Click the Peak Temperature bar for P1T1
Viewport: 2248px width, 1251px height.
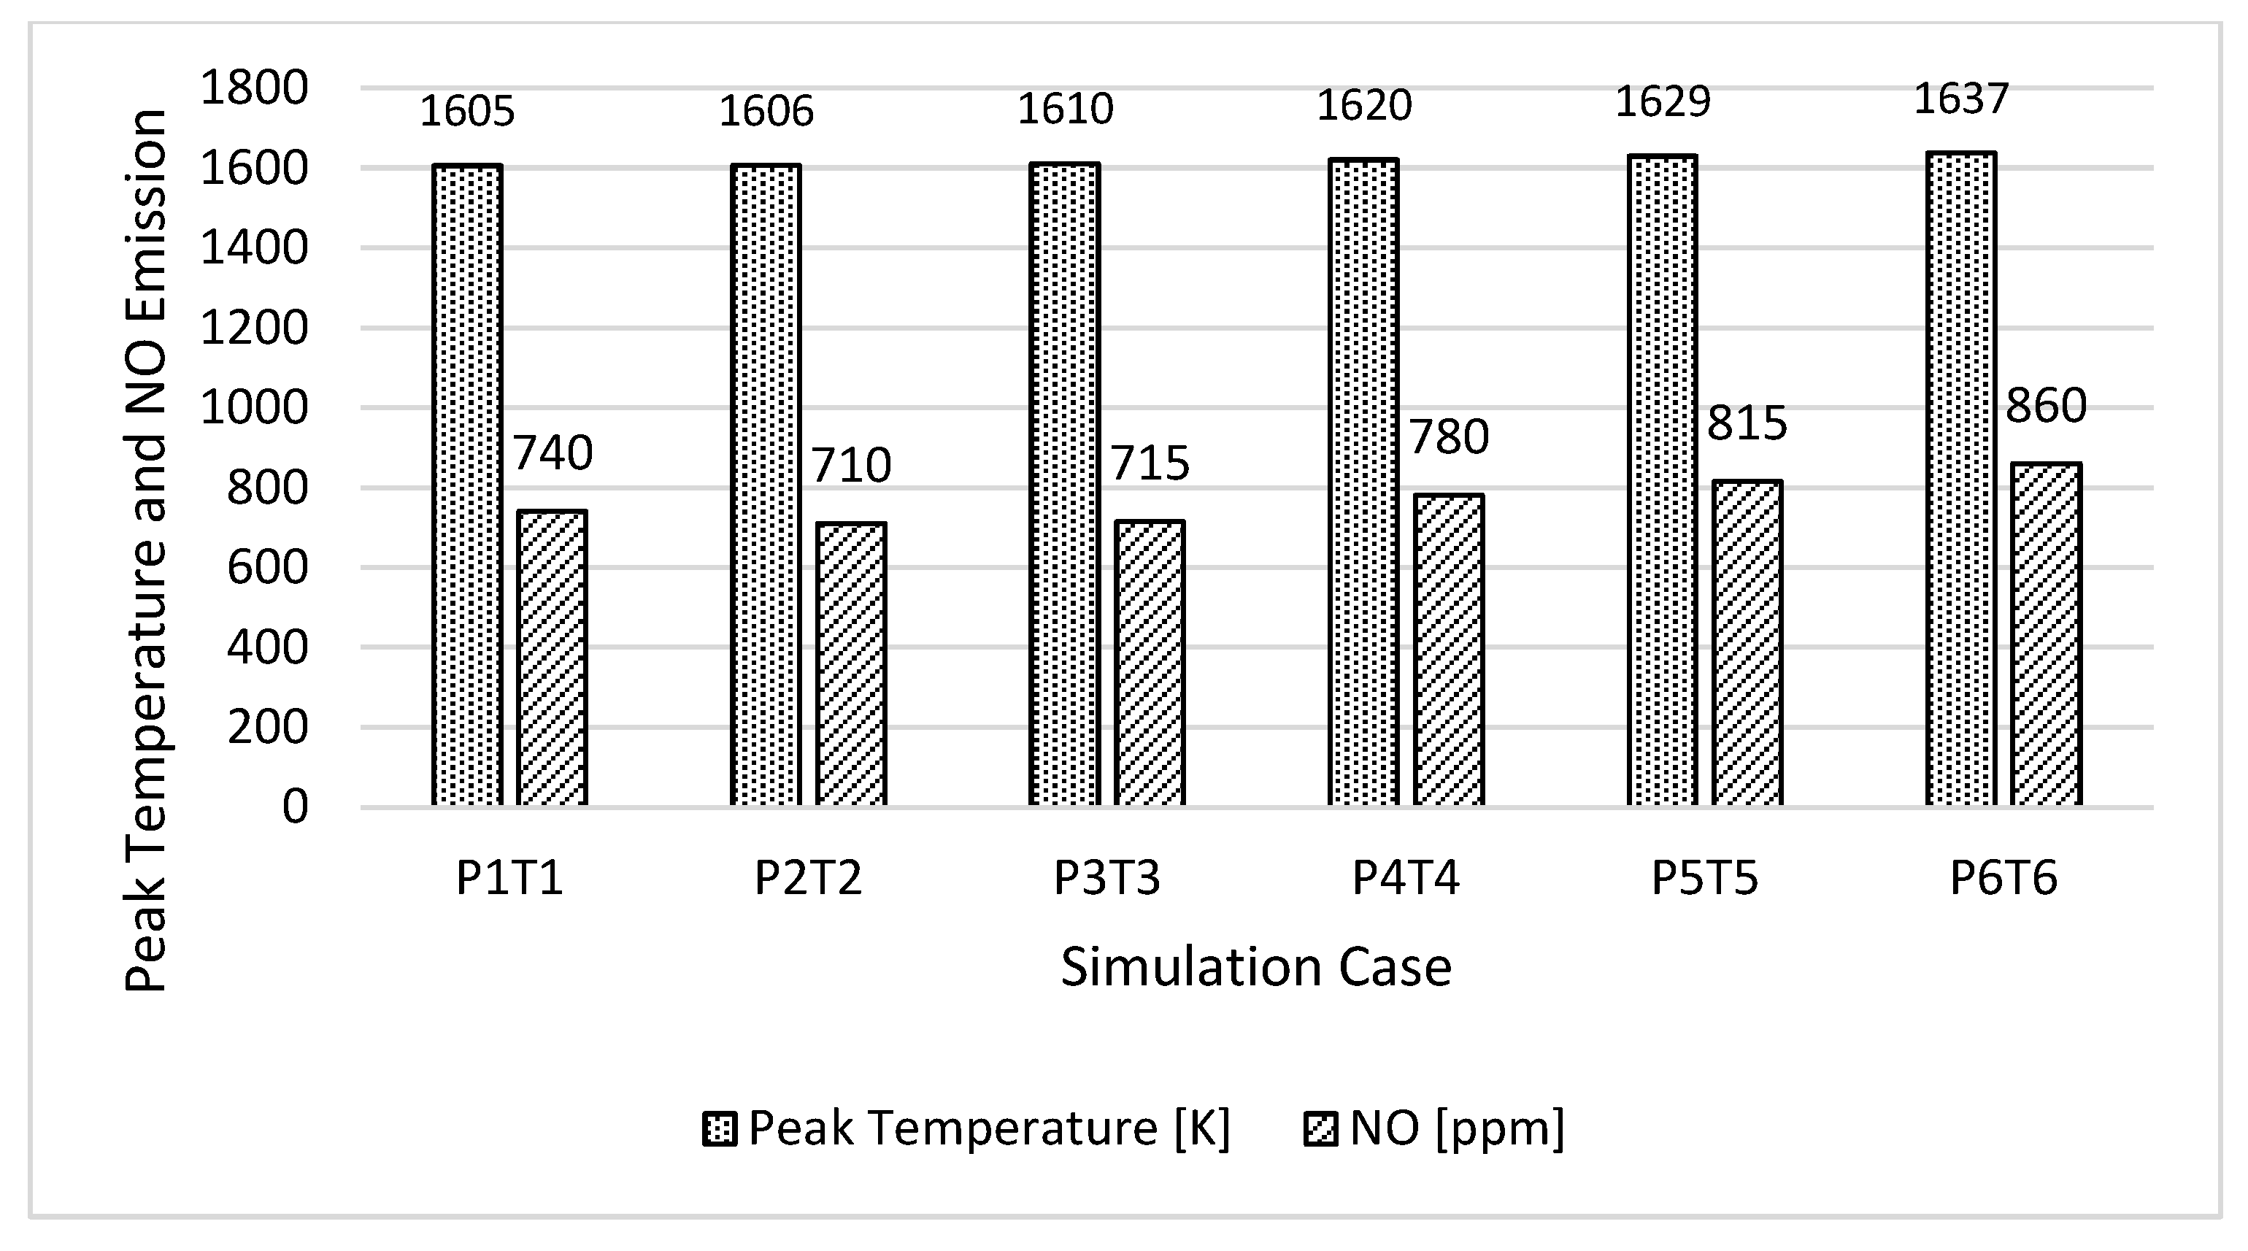pyautogui.click(x=467, y=484)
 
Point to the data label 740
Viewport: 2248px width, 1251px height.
pyautogui.click(x=552, y=453)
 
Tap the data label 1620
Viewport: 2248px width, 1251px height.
pyautogui.click(x=1363, y=106)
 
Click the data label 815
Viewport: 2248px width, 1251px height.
pyautogui.click(x=1747, y=423)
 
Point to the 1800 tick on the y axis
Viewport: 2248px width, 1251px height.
pyautogui.click(x=254, y=88)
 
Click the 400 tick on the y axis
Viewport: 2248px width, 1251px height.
pyautogui.click(x=267, y=647)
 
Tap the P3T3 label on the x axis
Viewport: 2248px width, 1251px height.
pyautogui.click(x=1107, y=877)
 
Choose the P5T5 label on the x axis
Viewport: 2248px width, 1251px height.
pyautogui.click(x=1705, y=877)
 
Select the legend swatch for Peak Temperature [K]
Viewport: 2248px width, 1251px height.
pyautogui.click(x=720, y=1129)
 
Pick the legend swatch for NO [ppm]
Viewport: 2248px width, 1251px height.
pyautogui.click(x=1320, y=1129)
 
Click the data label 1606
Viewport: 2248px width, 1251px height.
pyautogui.click(x=766, y=111)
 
